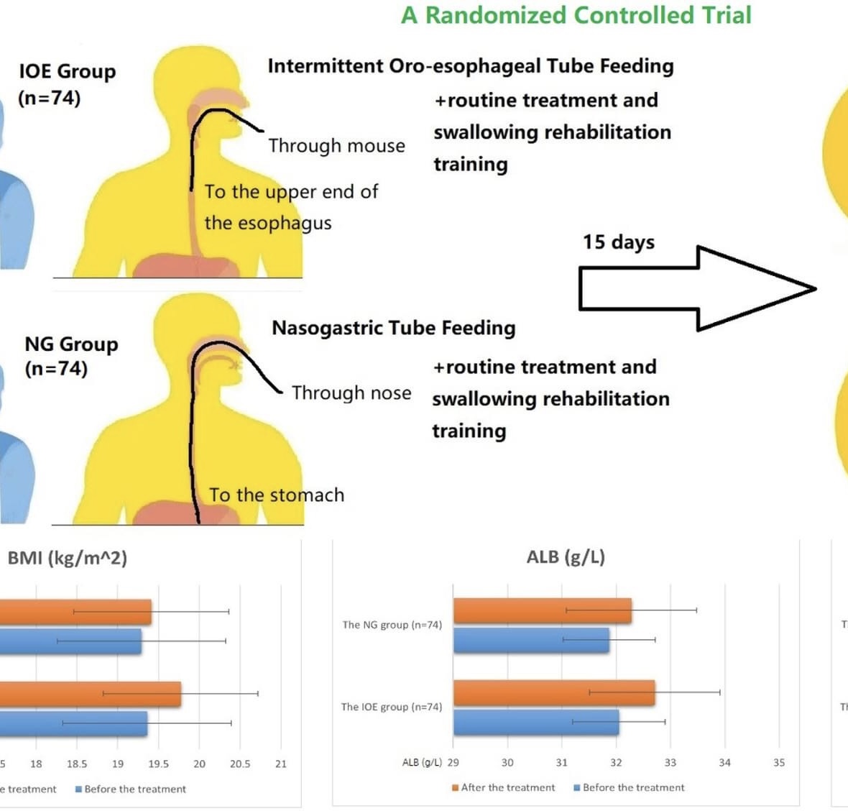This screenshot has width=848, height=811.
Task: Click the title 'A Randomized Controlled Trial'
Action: [576, 15]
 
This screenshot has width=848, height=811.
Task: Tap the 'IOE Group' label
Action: [67, 71]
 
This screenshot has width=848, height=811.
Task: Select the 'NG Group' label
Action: [71, 344]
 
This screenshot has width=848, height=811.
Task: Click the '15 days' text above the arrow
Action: [618, 242]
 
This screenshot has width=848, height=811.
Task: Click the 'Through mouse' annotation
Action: [336, 146]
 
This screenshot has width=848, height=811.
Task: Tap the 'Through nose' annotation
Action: [351, 393]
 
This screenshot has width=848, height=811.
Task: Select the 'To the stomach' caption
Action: [277, 495]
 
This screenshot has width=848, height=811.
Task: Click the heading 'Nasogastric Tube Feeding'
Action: [393, 328]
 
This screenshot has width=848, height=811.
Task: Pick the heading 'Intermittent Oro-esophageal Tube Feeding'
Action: [471, 66]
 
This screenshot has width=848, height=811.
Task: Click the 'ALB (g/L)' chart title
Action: [566, 557]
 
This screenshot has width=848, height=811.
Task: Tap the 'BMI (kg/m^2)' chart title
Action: [67, 558]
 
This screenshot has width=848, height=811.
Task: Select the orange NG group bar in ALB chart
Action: [542, 610]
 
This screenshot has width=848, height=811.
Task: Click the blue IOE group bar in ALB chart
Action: [535, 722]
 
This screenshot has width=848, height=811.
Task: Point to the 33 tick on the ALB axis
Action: [670, 762]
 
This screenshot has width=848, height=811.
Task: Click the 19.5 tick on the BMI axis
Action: [158, 764]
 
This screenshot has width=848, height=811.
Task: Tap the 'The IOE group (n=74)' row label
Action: [392, 707]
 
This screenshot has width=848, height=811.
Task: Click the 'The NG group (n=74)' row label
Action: [392, 625]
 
